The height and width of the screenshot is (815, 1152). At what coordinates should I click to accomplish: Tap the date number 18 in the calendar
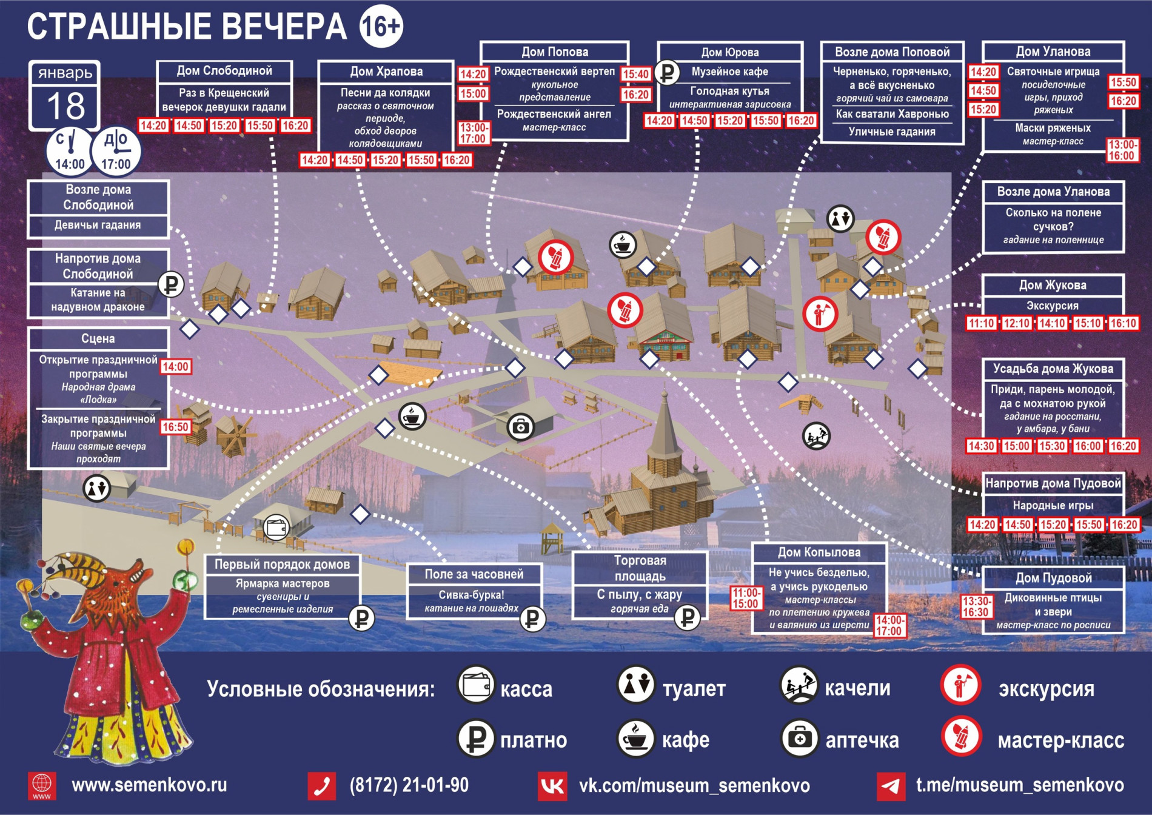[65, 106]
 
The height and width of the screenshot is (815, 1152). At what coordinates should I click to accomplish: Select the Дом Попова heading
[554, 52]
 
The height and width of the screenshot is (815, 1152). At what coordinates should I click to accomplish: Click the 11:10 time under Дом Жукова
[981, 323]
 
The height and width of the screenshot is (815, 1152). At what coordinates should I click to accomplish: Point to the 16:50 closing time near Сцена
[175, 427]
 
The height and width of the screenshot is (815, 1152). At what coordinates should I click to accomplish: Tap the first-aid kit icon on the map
[520, 427]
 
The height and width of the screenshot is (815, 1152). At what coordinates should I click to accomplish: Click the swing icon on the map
[816, 435]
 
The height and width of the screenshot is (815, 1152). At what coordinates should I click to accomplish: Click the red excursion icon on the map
[820, 314]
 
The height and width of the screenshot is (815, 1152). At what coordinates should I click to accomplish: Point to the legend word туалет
[694, 689]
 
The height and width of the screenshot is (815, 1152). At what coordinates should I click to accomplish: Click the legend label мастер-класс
[1060, 740]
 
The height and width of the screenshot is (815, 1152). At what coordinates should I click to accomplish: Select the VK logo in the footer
[552, 786]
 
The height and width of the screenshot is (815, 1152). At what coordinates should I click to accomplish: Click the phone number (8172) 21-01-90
[409, 785]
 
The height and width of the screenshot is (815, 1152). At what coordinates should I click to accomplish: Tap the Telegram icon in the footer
[891, 786]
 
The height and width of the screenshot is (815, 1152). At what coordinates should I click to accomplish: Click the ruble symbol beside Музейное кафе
[668, 73]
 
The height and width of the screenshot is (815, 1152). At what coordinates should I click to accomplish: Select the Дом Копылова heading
[819, 552]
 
